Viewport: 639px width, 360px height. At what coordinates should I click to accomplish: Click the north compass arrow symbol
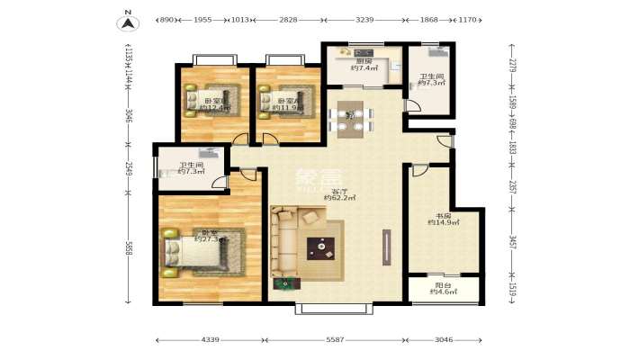(x=129, y=22)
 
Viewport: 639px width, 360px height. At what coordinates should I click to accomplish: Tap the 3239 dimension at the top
(x=364, y=19)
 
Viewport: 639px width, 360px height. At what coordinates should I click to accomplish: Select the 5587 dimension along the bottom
(x=335, y=340)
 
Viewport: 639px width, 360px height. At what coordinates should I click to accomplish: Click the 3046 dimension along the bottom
(x=445, y=340)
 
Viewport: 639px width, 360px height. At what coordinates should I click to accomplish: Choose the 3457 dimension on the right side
(x=511, y=244)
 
